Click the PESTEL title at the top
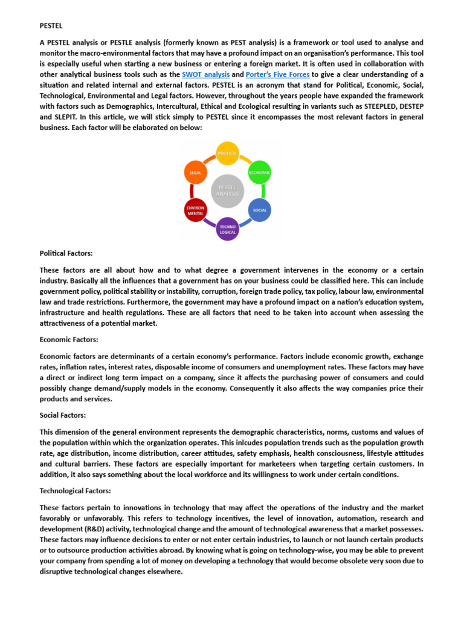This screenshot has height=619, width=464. coord(51,27)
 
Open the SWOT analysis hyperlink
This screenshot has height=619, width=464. coord(205,74)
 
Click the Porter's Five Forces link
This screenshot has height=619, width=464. coord(277,74)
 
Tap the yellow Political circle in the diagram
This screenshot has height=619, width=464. coord(227,154)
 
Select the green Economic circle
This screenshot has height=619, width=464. coord(260,172)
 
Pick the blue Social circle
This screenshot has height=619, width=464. coord(259,210)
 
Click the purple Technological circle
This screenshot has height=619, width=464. coord(227,228)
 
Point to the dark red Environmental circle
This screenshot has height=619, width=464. coord(195,210)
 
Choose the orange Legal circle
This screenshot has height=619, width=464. coord(195,172)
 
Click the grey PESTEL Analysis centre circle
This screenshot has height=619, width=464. coord(227,191)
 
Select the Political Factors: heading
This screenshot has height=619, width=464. coord(66,253)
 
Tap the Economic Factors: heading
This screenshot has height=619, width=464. coord(68,340)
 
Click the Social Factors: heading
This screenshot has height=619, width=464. coord(63,415)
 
